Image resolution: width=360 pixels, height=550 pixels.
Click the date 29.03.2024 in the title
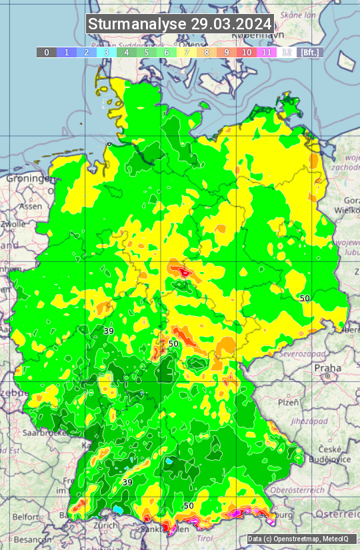point(231,24)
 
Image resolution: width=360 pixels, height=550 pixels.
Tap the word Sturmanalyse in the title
point(137,24)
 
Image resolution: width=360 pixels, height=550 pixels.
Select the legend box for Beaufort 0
point(47,52)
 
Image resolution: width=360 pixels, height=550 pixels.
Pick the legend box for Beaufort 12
point(287,52)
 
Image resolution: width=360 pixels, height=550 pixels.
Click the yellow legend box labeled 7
point(187,52)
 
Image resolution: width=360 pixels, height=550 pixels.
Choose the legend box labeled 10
point(247,52)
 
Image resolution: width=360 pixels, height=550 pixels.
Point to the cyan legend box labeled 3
point(107,52)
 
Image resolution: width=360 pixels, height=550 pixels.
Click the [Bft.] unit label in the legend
point(309,52)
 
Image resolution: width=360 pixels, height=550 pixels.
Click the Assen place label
point(31,207)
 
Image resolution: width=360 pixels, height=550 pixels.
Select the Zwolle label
point(13,224)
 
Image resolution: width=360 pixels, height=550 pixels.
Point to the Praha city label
point(328,367)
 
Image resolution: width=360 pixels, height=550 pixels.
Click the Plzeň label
point(288,403)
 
